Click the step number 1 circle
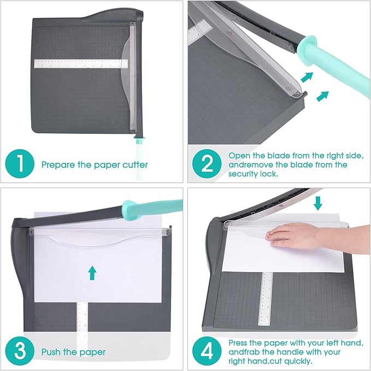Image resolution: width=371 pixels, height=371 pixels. click(20, 164)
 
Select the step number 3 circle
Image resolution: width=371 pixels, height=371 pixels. click(20, 351)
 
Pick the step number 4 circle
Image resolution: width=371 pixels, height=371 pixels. click(208, 351)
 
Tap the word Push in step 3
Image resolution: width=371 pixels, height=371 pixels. click(51, 352)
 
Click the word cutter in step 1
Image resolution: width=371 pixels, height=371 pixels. click(135, 164)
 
